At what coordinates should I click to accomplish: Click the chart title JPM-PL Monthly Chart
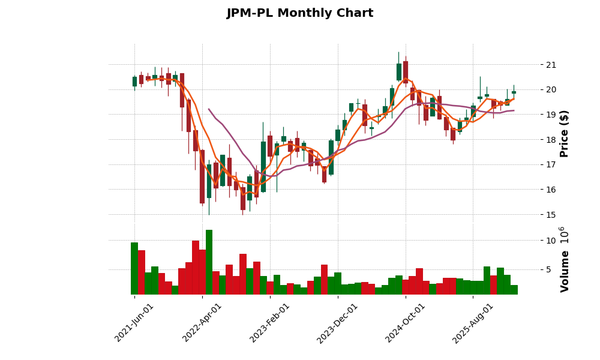pos(299,13)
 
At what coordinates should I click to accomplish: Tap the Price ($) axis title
pos(564,133)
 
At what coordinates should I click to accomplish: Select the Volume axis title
pos(564,259)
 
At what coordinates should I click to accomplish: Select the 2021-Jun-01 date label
pos(134,323)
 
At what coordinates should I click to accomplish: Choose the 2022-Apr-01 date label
pos(202,323)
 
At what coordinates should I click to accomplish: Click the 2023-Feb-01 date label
pos(270,323)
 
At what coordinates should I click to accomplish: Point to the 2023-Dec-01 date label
pos(337,323)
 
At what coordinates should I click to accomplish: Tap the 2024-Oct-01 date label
pos(405,323)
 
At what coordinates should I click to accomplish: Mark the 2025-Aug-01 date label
pos(473,323)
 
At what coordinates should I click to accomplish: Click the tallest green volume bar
pos(209,262)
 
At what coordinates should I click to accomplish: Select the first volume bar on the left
pos(134,268)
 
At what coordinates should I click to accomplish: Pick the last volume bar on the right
pos(514,290)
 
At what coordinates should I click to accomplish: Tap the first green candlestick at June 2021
pos(134,82)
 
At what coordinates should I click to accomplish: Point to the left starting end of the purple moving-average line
pos(209,109)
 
